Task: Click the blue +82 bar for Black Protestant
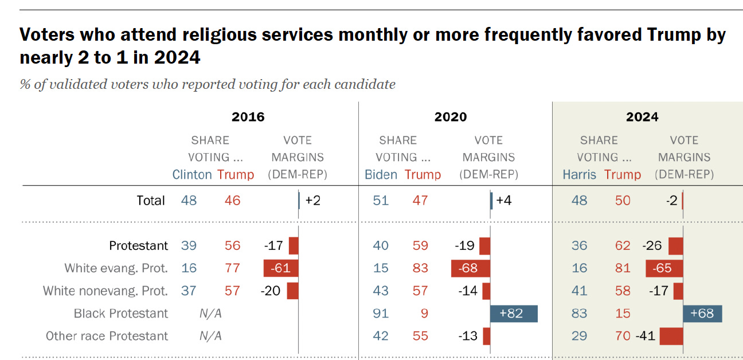click(x=514, y=314)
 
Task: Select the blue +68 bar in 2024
click(x=702, y=314)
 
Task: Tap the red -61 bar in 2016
click(x=281, y=268)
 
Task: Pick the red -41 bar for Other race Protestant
click(x=671, y=336)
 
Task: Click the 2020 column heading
click(x=451, y=117)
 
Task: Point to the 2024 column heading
click(x=642, y=117)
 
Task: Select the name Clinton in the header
click(x=192, y=175)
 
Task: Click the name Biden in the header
click(x=381, y=175)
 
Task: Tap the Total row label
click(x=151, y=201)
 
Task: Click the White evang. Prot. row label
click(x=116, y=268)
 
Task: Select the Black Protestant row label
click(x=121, y=314)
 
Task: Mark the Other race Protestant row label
click(x=107, y=336)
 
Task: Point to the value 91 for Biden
click(x=381, y=314)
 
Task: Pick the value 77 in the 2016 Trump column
click(x=232, y=268)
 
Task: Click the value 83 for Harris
click(x=579, y=314)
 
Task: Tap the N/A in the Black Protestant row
click(x=210, y=314)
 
